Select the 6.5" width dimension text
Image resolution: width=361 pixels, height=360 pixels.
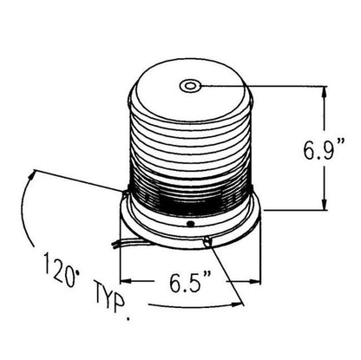[190, 281]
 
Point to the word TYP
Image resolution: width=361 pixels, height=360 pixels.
[110, 297]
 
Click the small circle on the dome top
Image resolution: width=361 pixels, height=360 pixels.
[190, 86]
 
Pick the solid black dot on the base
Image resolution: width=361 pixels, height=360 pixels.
[190, 224]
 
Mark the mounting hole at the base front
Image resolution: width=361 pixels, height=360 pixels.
[207, 241]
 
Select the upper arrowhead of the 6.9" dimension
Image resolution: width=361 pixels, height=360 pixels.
[325, 92]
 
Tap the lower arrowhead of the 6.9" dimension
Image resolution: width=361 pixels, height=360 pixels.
[325, 204]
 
